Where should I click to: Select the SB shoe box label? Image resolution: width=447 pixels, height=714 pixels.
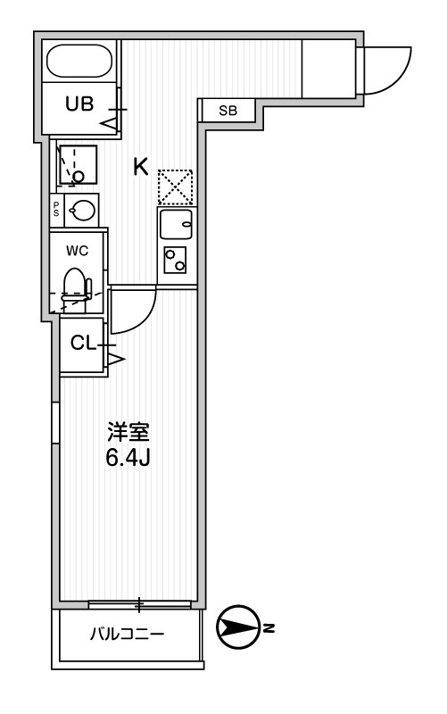click(x=228, y=111)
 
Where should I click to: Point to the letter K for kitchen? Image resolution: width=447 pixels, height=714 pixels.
click(x=140, y=166)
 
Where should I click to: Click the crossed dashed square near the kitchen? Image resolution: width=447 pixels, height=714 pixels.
click(x=175, y=187)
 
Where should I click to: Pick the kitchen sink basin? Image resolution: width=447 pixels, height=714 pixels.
click(x=176, y=224)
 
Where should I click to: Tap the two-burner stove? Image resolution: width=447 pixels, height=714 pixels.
click(x=176, y=260)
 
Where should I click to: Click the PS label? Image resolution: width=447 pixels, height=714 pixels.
click(x=56, y=210)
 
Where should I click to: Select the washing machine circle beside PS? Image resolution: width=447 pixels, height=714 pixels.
click(x=82, y=210)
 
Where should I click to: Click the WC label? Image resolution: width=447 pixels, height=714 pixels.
click(x=77, y=251)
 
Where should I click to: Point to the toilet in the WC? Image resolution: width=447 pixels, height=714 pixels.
click(x=77, y=287)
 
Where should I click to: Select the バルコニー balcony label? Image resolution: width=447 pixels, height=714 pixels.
click(x=128, y=635)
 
